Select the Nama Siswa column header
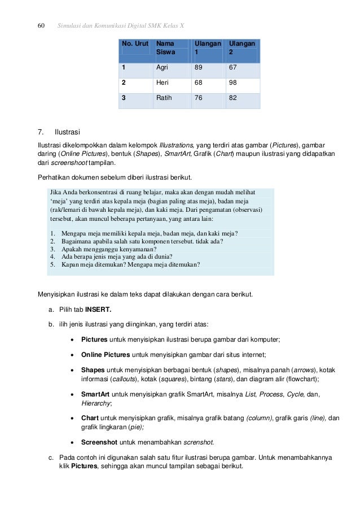pos(165,47)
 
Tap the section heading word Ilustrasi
pos(67,133)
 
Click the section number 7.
pos(40,133)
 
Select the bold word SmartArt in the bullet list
pos(95,395)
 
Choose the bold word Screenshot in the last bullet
pos(99,442)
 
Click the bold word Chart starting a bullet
pos(90,419)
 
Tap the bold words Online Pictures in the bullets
pos(106,355)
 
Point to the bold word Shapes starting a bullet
pos(93,370)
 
